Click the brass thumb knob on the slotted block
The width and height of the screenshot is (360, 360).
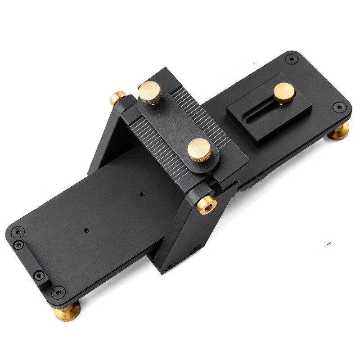pyautogui.click(x=284, y=92)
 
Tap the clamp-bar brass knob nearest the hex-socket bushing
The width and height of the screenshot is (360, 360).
pyautogui.click(x=198, y=148)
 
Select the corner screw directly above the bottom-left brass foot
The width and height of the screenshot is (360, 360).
pyautogui.click(x=57, y=291)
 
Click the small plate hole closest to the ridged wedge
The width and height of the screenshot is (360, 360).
pyautogui.click(x=142, y=195)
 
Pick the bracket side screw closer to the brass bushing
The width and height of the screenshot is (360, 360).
pyautogui.click(x=194, y=249)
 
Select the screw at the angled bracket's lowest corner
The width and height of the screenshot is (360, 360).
pyautogui.click(x=170, y=266)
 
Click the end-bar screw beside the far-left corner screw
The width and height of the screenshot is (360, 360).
pyautogui.click(x=18, y=245)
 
